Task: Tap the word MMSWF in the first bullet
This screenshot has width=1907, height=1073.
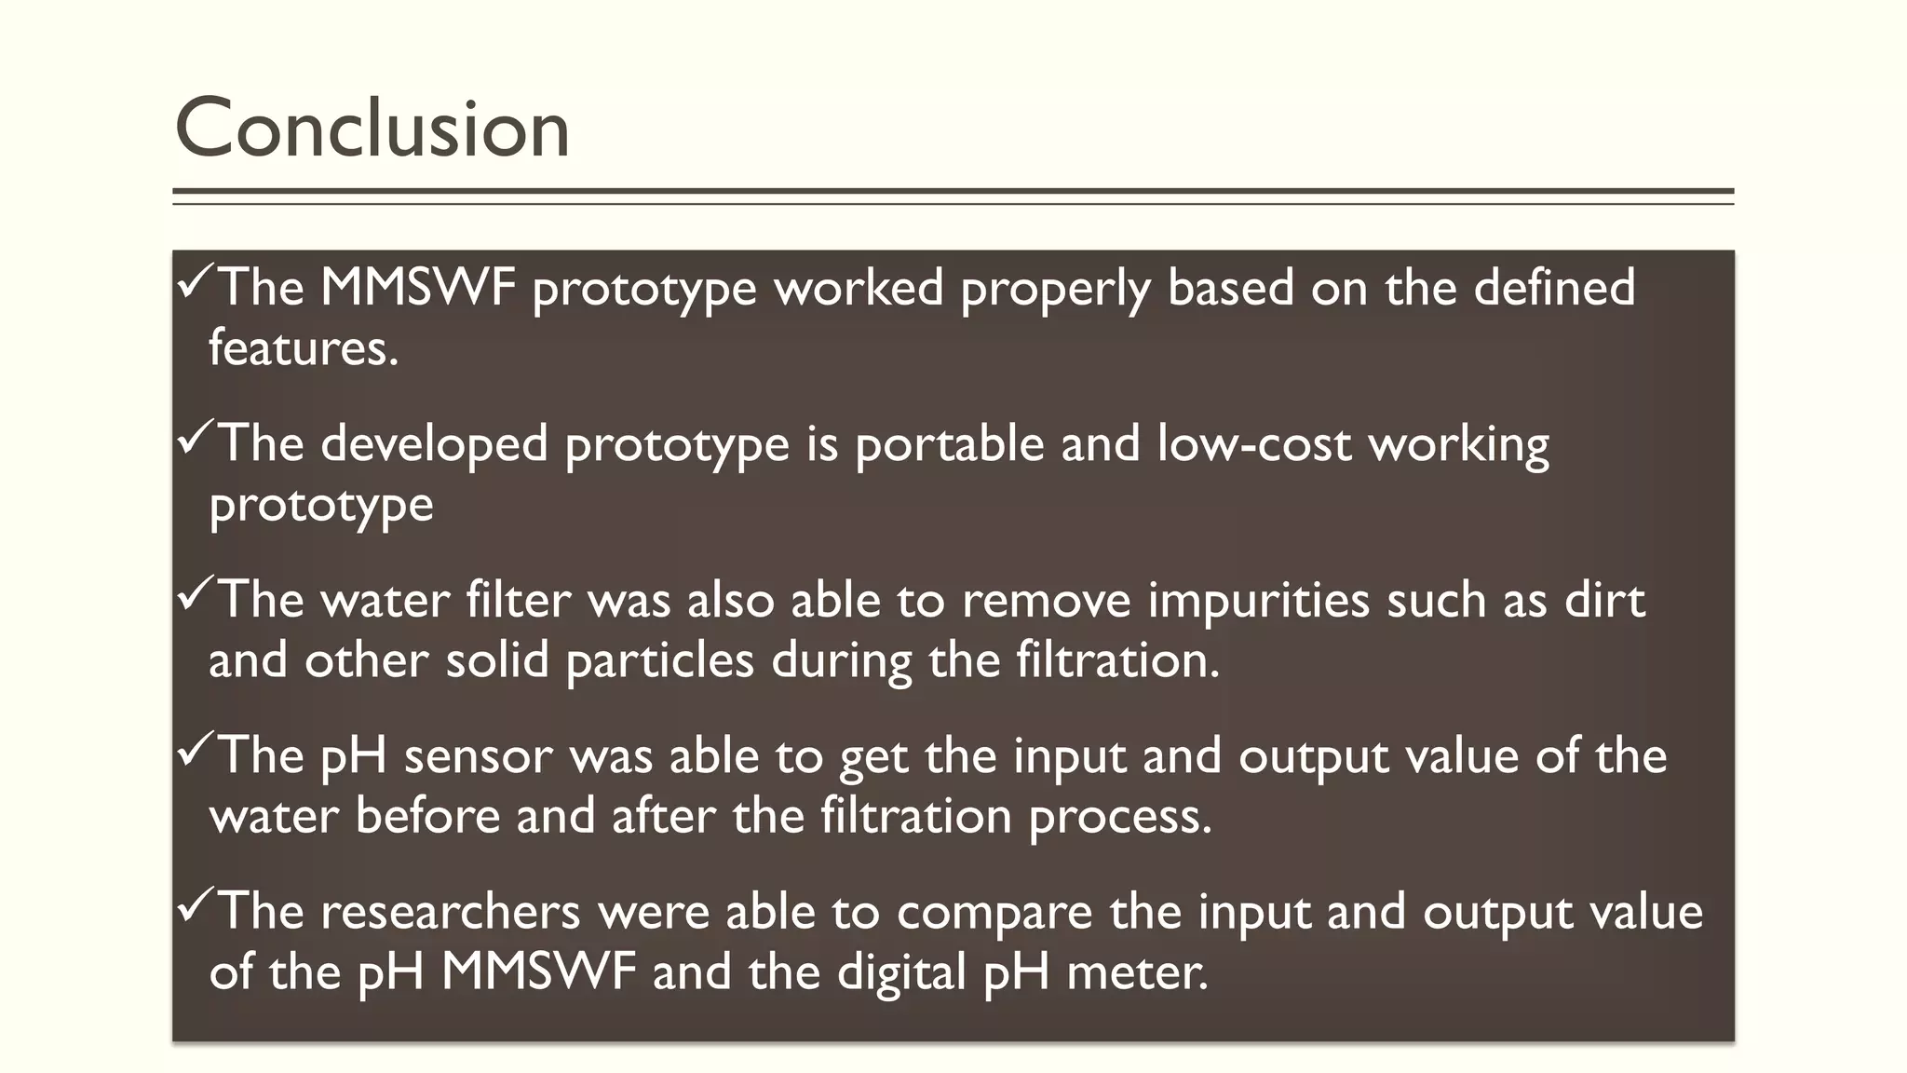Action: (x=418, y=287)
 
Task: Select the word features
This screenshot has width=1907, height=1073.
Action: (x=303, y=348)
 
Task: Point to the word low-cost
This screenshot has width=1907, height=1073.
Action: (x=1253, y=443)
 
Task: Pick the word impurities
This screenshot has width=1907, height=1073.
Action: (x=1258, y=599)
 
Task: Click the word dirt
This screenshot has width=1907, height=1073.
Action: (x=1604, y=599)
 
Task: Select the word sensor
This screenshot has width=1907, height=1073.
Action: (x=478, y=755)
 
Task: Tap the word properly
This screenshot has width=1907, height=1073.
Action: (x=1055, y=289)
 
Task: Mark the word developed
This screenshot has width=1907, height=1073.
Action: (x=434, y=443)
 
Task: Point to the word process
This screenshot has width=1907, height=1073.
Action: (x=1120, y=817)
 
